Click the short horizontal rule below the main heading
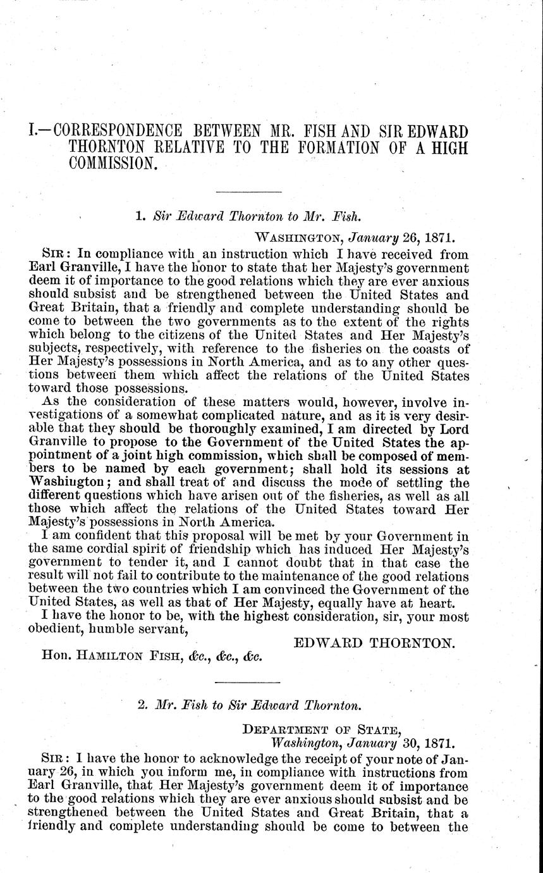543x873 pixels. (248, 192)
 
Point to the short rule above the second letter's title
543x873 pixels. (248, 682)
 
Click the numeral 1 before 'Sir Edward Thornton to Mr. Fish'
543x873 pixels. (140, 216)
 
